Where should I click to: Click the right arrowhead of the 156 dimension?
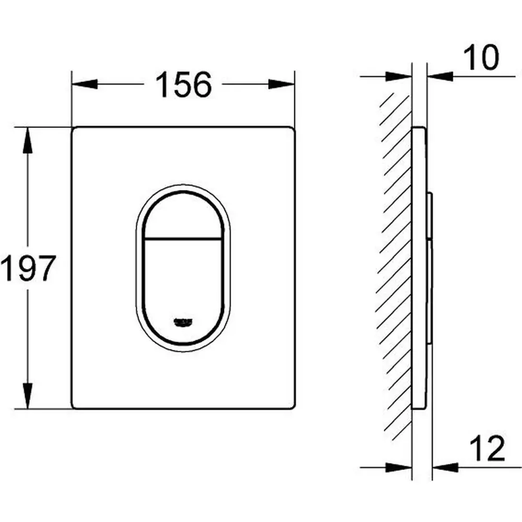282,84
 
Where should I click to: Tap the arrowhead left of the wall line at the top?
400,76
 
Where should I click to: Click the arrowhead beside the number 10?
440,76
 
